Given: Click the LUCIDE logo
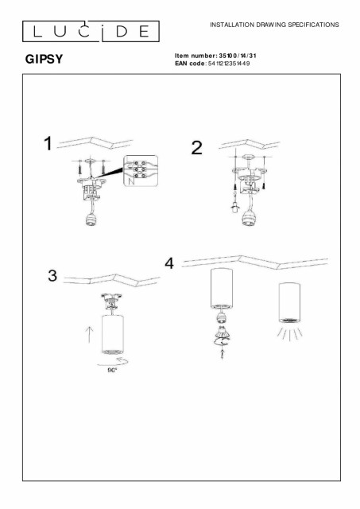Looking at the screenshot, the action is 91,31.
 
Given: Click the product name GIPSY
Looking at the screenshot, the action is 45,59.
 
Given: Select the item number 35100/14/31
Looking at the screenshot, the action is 238,56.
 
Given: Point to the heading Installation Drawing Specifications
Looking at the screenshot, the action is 274,25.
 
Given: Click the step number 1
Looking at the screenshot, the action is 48,143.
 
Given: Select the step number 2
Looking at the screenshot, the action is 197,148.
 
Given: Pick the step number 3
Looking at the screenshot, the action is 52,276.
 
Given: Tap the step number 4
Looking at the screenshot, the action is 169,263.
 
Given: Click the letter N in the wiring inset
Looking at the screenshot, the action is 130,181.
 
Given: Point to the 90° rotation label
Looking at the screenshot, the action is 112,371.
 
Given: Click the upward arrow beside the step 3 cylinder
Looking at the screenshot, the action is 89,334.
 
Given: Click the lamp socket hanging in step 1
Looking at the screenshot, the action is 91,220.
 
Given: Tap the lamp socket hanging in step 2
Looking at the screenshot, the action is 248,219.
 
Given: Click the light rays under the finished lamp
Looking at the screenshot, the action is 290,334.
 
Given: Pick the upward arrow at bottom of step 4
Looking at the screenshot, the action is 222,355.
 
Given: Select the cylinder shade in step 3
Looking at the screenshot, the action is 112,334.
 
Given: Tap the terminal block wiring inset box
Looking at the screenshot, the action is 141,171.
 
